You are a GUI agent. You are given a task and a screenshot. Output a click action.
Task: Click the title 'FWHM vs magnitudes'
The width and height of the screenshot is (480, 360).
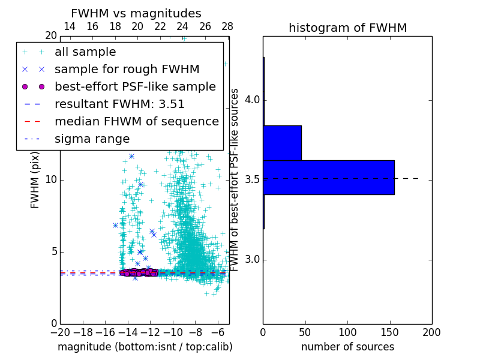(136, 13)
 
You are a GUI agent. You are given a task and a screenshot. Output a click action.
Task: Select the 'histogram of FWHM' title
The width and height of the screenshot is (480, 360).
(347, 28)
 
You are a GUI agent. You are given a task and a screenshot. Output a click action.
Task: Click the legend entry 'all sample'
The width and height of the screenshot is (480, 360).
(85, 52)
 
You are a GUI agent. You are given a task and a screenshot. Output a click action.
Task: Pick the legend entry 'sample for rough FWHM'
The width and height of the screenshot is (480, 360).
(127, 70)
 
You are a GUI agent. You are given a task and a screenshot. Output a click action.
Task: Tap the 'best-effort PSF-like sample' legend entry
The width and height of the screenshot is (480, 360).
(135, 87)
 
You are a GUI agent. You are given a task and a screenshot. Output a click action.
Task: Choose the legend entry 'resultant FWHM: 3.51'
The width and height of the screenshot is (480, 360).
(119, 104)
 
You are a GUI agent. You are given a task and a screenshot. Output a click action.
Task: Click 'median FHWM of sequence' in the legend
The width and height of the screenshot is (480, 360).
(136, 122)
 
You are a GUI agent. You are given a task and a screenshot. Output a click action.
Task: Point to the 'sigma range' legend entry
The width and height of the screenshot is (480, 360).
(92, 139)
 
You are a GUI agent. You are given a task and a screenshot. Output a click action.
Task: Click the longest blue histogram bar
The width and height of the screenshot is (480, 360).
(328, 178)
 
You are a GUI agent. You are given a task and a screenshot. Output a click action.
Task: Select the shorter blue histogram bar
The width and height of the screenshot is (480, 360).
(282, 143)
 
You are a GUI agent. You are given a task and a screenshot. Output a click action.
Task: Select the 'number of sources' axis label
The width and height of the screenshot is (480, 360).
(347, 347)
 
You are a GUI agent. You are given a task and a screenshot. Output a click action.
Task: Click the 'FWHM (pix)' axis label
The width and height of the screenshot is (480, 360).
(35, 179)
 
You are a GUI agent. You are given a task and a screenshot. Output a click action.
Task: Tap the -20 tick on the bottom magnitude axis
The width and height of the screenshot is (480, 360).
(60, 332)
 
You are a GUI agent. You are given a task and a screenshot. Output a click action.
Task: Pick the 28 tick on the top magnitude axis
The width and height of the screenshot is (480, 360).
(227, 26)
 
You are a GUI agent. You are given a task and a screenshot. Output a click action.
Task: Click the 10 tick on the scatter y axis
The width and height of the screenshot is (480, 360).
(51, 179)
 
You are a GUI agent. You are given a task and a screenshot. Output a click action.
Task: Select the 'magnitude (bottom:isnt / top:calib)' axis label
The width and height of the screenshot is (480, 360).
(145, 347)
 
